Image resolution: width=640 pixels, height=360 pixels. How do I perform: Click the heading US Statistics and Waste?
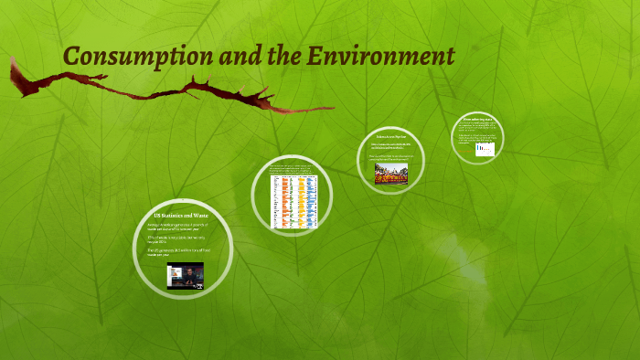pyautogui.click(x=176, y=214)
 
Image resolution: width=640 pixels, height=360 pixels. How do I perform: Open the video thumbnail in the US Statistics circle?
pyautogui.click(x=185, y=276)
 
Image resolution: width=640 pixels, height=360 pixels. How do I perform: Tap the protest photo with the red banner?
pyautogui.click(x=393, y=169)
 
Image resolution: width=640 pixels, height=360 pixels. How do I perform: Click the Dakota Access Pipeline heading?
pyautogui.click(x=393, y=134)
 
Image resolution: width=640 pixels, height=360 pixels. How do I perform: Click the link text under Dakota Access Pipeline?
pyautogui.click(x=393, y=145)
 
